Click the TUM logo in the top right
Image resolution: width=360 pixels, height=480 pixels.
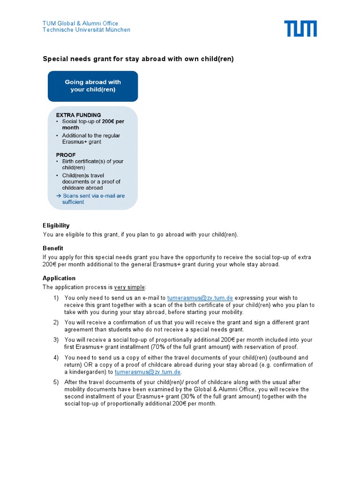[x=300, y=29]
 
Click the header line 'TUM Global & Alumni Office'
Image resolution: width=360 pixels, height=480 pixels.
[x=80, y=23]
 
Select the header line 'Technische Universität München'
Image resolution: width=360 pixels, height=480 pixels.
[x=86, y=30]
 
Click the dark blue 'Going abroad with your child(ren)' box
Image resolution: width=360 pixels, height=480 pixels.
[x=93, y=86]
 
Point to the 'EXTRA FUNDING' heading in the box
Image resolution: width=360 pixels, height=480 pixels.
[x=78, y=115]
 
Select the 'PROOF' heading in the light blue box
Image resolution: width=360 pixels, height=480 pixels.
[x=66, y=155]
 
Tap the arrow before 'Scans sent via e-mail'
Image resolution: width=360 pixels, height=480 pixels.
[x=59, y=196]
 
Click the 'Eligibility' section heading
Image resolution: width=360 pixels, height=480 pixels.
[x=56, y=225]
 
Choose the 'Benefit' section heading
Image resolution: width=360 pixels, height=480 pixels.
[x=53, y=248]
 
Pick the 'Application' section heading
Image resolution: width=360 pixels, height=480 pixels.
[x=59, y=278]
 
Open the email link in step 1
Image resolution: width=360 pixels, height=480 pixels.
[x=200, y=298]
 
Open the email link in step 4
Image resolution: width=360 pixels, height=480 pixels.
[x=148, y=372]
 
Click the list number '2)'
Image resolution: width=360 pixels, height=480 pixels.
[x=56, y=322]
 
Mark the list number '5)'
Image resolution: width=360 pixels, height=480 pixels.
[x=56, y=382]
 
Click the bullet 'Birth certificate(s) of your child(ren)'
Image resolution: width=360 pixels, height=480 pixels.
[x=92, y=164]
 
